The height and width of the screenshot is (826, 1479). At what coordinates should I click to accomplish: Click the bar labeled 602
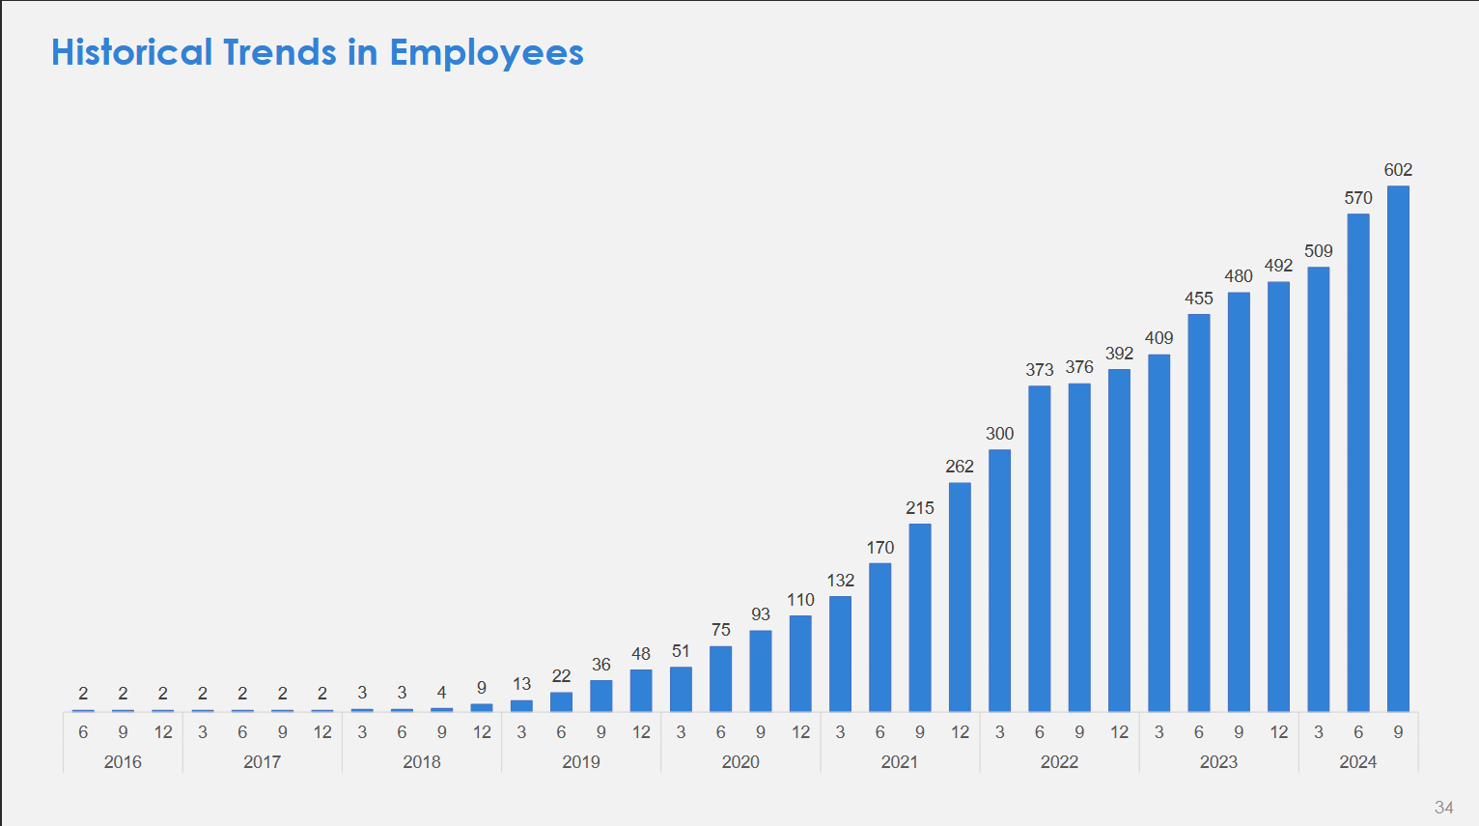pyautogui.click(x=1398, y=448)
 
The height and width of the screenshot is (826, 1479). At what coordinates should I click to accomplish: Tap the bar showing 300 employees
pyautogui.click(x=1000, y=580)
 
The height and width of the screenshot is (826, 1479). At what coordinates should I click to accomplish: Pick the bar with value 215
pyautogui.click(x=920, y=617)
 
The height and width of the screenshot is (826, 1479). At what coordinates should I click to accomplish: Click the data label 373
pyautogui.click(x=1040, y=370)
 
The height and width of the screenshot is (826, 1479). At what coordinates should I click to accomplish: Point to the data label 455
pyautogui.click(x=1199, y=299)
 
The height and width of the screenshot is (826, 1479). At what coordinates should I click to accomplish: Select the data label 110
pyautogui.click(x=800, y=600)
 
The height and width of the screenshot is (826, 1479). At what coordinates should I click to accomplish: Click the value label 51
pyautogui.click(x=681, y=651)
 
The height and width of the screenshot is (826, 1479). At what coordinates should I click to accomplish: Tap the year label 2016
pyautogui.click(x=123, y=762)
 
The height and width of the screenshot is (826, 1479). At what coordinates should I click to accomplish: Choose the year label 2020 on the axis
pyautogui.click(x=740, y=762)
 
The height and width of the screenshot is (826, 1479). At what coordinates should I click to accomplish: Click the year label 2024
pyautogui.click(x=1358, y=762)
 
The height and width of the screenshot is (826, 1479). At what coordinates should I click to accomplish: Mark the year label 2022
pyautogui.click(x=1059, y=762)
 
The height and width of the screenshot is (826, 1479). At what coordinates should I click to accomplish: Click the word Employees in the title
pyautogui.click(x=487, y=53)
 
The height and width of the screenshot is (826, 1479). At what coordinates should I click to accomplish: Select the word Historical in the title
pyautogui.click(x=131, y=52)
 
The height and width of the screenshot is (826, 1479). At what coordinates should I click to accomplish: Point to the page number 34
pyautogui.click(x=1443, y=808)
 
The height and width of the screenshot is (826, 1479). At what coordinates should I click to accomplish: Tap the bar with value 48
pyautogui.click(x=641, y=690)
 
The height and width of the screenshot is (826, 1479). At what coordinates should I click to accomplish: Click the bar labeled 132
pyautogui.click(x=840, y=654)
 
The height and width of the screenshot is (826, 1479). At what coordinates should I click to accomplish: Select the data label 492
pyautogui.click(x=1278, y=266)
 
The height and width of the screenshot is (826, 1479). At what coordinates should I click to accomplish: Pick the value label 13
pyautogui.click(x=521, y=684)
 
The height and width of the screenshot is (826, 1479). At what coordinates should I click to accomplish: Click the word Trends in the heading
pyautogui.click(x=280, y=52)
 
